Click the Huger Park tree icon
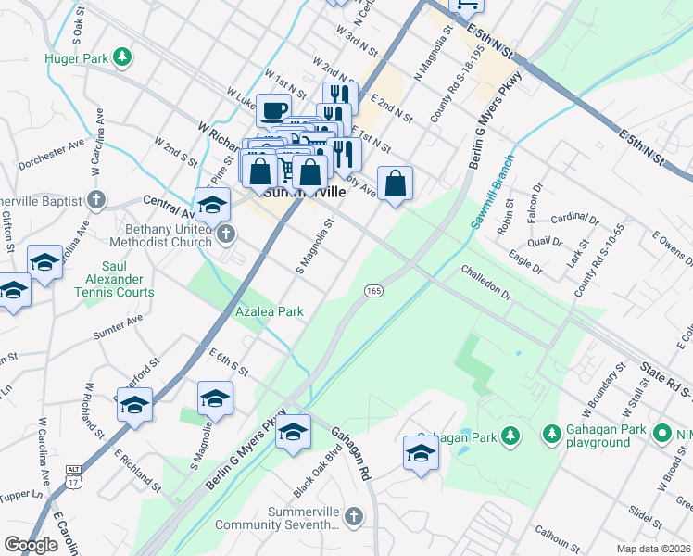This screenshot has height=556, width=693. [121, 57]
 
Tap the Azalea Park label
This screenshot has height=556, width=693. [270, 313]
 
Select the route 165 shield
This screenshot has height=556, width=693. [373, 291]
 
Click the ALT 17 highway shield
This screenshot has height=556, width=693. [73, 476]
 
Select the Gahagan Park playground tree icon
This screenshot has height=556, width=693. [551, 434]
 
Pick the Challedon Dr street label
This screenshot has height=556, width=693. [486, 282]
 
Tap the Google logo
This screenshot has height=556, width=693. [31, 545]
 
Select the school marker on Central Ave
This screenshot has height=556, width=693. [212, 206]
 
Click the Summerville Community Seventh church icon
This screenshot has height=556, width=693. [351, 515]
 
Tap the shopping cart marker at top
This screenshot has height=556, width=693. [467, 5]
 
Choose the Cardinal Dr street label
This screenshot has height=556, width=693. [574, 219]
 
